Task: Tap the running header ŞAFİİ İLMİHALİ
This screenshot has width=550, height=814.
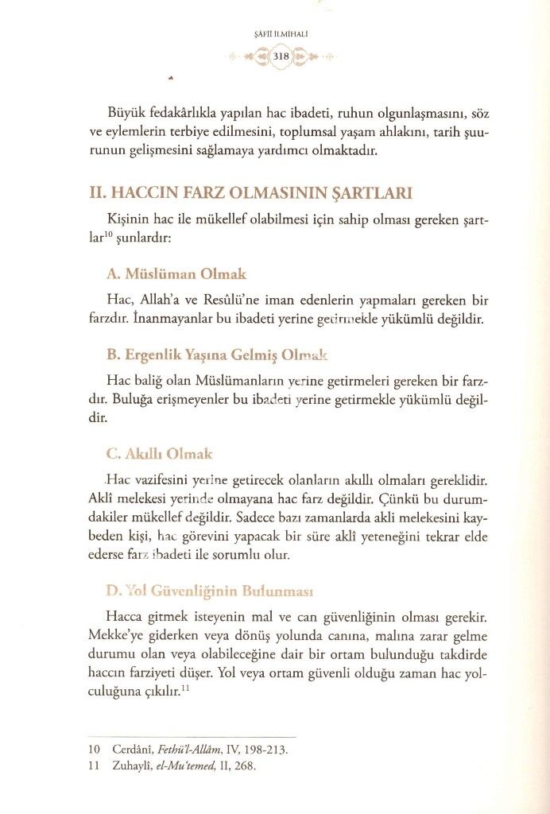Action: tap(280, 33)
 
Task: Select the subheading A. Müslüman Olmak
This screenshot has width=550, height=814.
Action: tap(176, 274)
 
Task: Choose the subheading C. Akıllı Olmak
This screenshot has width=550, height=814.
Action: tap(159, 454)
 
